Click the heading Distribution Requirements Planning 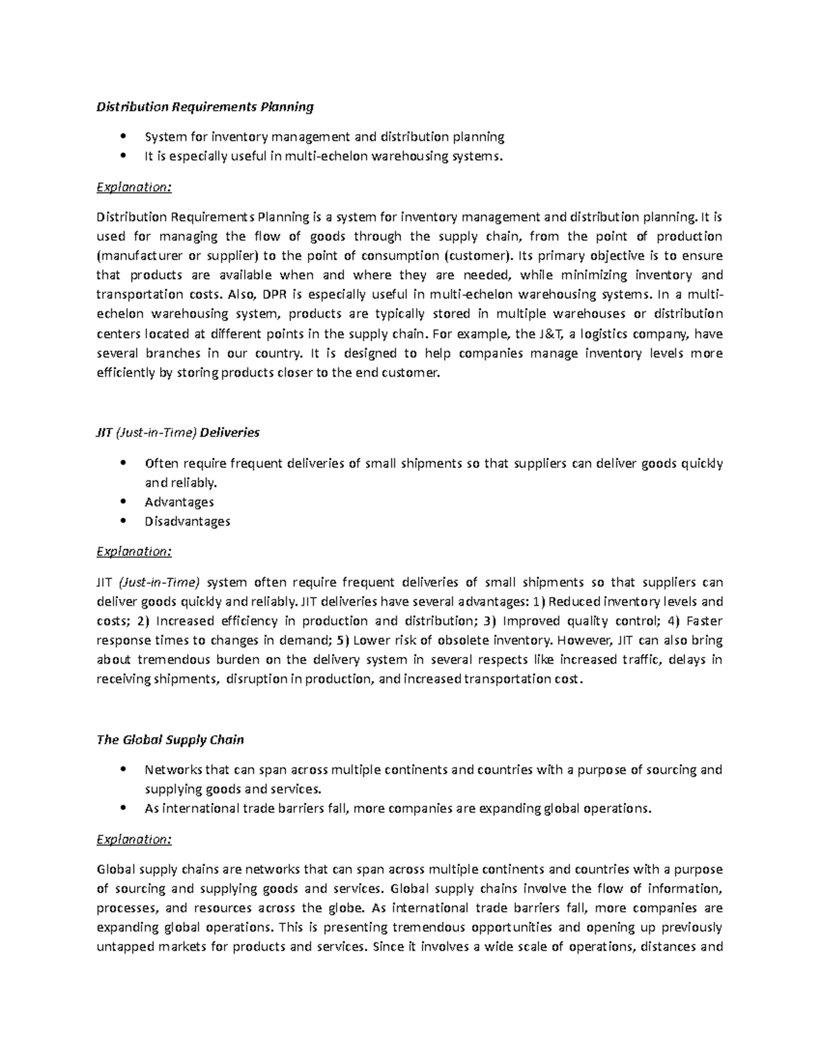pos(205,107)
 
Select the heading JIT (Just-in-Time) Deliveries pos(178,433)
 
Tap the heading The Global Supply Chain pos(170,740)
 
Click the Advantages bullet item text pos(179,502)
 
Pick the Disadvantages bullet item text pos(187,522)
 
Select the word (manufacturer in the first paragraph pos(137,256)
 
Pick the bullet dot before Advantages pos(123,502)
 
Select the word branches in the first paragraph pos(173,354)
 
